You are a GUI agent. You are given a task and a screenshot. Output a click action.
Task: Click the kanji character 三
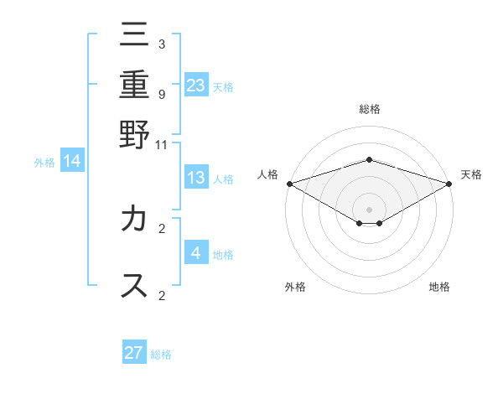coord(134,39)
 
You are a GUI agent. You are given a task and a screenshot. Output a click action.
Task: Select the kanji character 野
coord(134,133)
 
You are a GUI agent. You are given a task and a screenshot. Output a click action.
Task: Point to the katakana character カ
coord(134,220)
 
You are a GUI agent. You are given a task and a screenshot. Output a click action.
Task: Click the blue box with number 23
coord(196,85)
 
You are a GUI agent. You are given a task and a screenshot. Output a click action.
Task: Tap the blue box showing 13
coord(196,178)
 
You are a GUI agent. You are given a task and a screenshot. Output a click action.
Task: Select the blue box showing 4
coord(196,252)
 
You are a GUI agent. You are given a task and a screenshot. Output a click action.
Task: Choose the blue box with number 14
coord(72,161)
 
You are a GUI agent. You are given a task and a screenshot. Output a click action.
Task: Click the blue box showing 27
coord(134,352)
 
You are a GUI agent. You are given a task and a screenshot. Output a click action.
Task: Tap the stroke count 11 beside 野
coord(162,144)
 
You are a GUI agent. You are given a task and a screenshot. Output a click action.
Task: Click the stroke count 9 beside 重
coord(162,94)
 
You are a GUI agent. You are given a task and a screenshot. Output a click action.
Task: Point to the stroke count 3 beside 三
coord(162,44)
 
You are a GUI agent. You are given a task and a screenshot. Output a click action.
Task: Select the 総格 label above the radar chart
coord(369,110)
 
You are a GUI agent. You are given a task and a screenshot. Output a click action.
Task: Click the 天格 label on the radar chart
coord(471,174)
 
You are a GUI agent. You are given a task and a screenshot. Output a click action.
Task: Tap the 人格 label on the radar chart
coord(267,174)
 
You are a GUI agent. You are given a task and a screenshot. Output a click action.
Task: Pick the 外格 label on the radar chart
coord(295,287)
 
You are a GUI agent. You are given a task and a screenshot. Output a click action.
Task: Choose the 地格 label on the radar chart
coord(439,287)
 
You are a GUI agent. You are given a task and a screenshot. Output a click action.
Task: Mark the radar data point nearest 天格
coord(450,183)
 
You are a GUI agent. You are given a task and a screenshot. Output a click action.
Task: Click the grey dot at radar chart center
coord(369,209)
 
